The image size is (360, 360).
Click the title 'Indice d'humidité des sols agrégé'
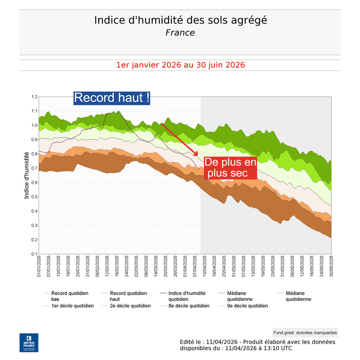180,20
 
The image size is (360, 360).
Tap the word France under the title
180,32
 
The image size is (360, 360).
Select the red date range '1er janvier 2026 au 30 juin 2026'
180,65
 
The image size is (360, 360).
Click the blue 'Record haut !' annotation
112,98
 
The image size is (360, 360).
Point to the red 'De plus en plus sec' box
230,168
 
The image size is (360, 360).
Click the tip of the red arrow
198,155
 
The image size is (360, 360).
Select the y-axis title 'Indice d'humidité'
27,175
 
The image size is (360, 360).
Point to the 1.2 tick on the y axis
34,97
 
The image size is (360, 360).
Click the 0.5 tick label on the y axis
34,197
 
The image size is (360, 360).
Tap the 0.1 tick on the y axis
34,254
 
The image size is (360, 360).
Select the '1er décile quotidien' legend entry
73,305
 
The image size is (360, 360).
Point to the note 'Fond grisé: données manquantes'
305,333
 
